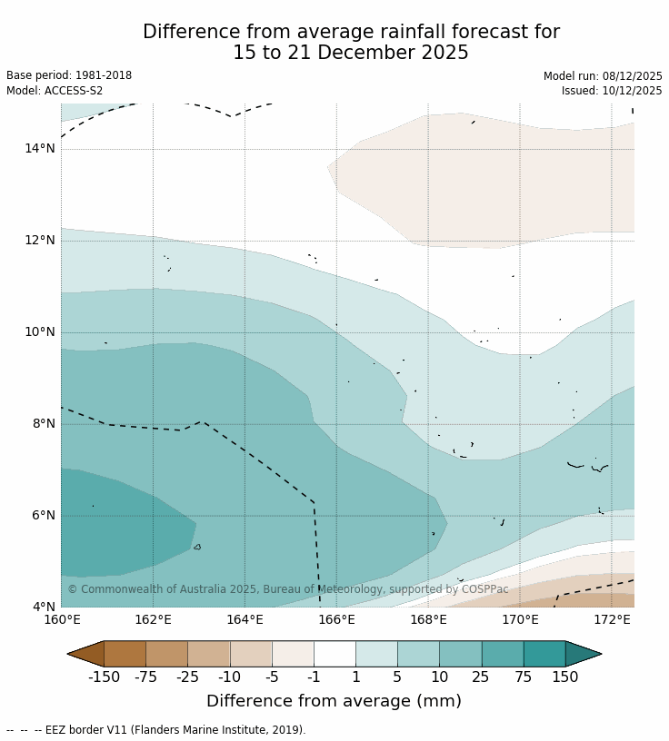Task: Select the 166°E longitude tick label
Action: (336, 620)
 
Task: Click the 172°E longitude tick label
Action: (612, 620)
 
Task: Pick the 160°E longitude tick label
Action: (62, 620)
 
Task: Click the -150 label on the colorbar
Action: (105, 677)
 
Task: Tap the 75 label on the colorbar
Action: (524, 677)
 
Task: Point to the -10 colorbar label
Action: (230, 677)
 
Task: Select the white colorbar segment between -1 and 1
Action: (334, 654)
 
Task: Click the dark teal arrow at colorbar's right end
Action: (583, 654)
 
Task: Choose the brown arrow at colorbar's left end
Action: (85, 654)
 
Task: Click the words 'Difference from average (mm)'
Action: (334, 701)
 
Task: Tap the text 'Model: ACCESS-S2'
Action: (55, 91)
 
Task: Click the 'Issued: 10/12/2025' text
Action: (612, 91)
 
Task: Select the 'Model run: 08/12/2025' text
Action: (603, 76)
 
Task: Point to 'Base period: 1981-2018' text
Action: (69, 76)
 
